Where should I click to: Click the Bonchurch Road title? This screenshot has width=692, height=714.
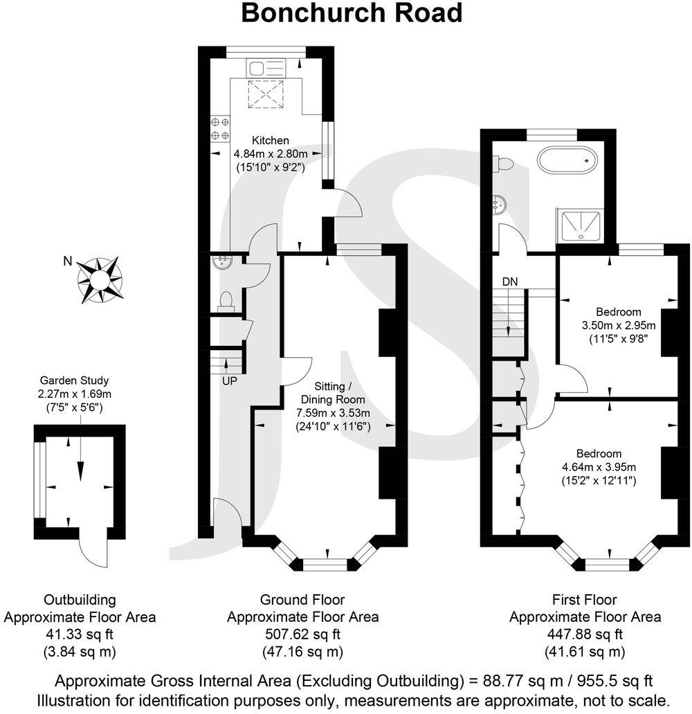tap(352, 13)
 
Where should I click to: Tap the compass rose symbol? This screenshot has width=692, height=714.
tap(100, 280)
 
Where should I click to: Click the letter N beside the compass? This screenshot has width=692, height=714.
tap(67, 261)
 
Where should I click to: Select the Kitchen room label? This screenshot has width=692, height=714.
tap(270, 140)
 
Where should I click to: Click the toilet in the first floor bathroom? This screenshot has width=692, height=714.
tap(504, 164)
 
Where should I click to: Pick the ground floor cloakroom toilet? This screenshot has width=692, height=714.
tap(226, 300)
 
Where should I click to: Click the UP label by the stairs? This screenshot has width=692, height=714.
tap(230, 381)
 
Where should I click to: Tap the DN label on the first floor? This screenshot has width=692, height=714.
tap(510, 282)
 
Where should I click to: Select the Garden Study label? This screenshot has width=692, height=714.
tap(74, 380)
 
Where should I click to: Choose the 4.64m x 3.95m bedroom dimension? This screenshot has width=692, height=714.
tap(599, 467)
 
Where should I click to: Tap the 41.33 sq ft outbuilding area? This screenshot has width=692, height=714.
tap(80, 634)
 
